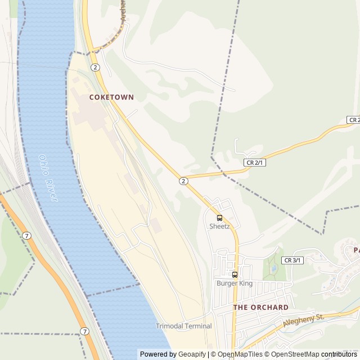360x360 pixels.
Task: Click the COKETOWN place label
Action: point(111,97)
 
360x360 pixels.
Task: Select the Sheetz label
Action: point(219,227)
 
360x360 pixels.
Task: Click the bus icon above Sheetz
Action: point(219,218)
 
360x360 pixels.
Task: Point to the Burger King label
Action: point(235,283)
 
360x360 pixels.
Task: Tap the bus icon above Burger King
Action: point(235,275)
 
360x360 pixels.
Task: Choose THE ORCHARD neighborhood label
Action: point(260,308)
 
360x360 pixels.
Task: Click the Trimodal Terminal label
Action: point(184,326)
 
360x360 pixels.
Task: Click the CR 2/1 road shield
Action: point(254,162)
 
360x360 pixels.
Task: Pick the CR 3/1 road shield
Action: point(293,260)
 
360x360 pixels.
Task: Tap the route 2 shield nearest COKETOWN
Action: point(96,67)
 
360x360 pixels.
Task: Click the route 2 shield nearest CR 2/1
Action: point(183,181)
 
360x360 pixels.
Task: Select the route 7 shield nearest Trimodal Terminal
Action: point(84,331)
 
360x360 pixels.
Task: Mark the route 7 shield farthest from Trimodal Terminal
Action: point(27,235)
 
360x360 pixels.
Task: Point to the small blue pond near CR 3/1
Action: point(273,269)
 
